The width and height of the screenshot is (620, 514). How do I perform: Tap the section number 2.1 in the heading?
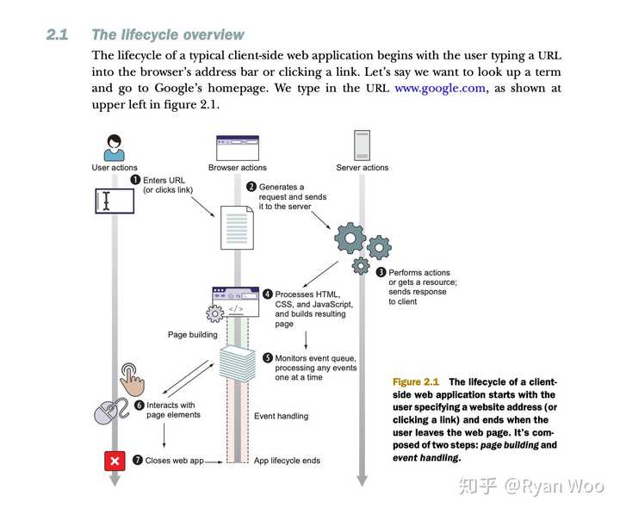[57, 34]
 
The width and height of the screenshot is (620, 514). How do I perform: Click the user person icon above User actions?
[115, 146]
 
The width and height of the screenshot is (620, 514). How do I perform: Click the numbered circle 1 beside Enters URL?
[135, 180]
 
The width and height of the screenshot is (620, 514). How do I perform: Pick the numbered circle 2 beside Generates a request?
[251, 187]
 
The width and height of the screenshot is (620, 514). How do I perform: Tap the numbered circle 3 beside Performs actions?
[381, 273]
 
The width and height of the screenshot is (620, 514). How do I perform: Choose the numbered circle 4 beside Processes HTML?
[268, 294]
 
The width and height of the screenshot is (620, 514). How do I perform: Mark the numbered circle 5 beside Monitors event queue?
[268, 358]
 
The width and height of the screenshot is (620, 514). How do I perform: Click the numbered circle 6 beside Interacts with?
[139, 405]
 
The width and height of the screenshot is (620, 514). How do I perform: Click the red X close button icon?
[114, 461]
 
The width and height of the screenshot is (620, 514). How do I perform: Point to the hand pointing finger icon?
[133, 375]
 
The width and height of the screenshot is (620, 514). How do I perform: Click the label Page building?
[192, 335]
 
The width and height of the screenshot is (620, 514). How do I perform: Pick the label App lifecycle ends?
[287, 461]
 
